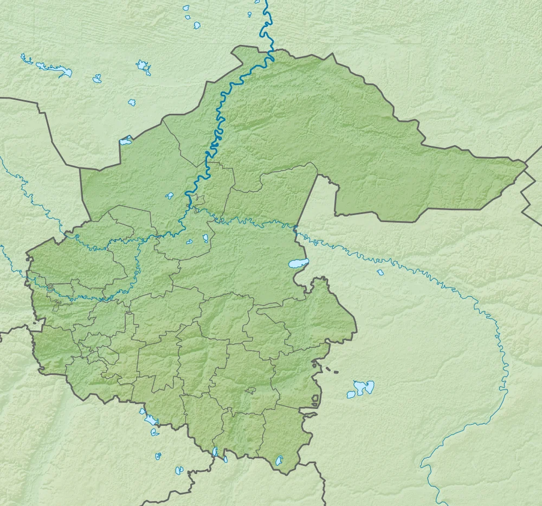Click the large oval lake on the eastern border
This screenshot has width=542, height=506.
(298, 263)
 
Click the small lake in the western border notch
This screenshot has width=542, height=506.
(126, 141)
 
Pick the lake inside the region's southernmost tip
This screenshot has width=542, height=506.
(280, 460)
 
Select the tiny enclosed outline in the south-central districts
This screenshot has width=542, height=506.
(250, 390)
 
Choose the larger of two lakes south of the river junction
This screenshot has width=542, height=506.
(205, 238)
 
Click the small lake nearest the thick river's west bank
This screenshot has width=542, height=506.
(170, 196)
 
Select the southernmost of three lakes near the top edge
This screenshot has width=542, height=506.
(197, 25)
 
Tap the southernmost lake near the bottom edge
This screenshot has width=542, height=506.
(179, 470)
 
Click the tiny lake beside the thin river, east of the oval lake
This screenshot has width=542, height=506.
(380, 272)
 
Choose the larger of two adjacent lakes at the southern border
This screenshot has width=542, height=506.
(216, 452)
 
